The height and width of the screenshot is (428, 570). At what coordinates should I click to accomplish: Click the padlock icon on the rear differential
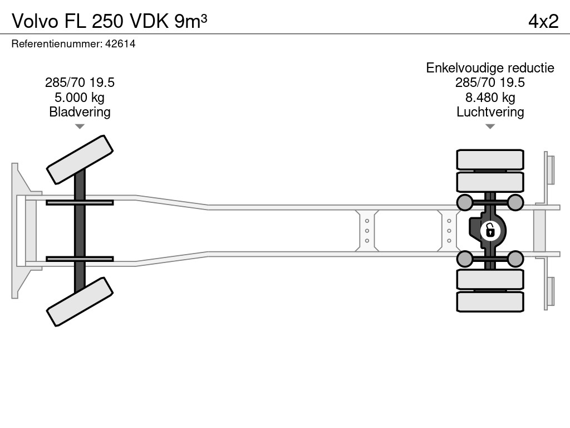pos(490,230)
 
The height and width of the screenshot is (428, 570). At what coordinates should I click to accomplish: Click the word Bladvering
pos(80,112)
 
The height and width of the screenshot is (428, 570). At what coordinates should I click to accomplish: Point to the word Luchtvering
pos(490,112)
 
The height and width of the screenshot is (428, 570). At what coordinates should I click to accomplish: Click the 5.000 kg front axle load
pos(80,98)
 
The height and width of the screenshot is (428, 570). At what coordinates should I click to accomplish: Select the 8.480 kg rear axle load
pos(490,98)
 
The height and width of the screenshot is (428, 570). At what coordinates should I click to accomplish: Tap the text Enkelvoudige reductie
pos(490,68)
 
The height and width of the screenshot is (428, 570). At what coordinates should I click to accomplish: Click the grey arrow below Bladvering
pos(80,127)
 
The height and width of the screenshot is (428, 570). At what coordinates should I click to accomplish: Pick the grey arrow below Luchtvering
pos(490,127)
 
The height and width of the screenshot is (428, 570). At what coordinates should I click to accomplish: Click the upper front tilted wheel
pos(80,159)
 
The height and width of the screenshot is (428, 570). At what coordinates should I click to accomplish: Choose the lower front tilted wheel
pos(80,302)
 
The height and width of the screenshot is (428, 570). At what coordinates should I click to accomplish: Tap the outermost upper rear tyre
pos(490,159)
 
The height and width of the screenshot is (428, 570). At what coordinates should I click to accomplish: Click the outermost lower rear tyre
pos(490,301)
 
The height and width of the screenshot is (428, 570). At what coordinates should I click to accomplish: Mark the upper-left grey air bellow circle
pos(465,202)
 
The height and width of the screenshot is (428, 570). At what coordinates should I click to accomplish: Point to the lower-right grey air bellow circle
pos(515,259)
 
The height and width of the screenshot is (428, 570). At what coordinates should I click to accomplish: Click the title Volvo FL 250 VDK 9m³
pos(110,21)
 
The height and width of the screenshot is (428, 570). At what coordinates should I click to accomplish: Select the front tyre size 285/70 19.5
pos(80,83)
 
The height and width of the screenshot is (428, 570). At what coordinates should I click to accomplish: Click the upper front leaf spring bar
pos(80,202)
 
